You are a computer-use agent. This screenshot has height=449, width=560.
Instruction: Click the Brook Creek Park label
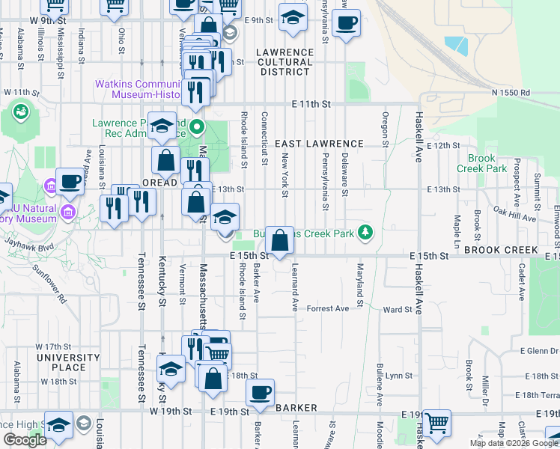(487, 163)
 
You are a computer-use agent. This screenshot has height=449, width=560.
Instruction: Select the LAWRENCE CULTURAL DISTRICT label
(284, 62)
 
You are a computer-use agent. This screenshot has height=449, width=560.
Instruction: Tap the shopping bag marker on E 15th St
(279, 241)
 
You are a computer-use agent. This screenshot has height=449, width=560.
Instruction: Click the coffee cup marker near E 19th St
(260, 393)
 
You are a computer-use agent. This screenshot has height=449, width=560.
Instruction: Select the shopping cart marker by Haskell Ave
(436, 423)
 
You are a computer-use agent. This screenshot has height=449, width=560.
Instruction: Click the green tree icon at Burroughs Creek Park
(365, 233)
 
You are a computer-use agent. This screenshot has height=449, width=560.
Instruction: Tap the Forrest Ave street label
(328, 308)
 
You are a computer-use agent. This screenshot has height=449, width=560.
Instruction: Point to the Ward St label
(398, 309)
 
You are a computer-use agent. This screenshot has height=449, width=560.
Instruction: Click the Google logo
(25, 441)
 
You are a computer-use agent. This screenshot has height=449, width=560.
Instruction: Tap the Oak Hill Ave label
(515, 218)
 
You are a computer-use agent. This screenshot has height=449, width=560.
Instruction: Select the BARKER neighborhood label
(296, 408)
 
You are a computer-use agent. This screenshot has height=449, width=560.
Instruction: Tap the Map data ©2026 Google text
(514, 442)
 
